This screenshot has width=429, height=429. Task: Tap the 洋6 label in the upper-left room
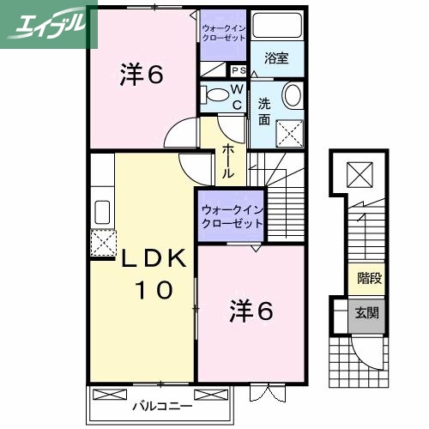pyautogui.click(x=141, y=76)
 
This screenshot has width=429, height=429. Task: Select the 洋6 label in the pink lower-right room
pyautogui.click(x=251, y=311)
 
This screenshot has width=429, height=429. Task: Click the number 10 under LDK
pyautogui.click(x=153, y=290)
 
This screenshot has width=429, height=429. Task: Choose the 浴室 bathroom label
pyautogui.click(x=275, y=59)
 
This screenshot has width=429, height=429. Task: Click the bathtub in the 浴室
pyautogui.click(x=275, y=26)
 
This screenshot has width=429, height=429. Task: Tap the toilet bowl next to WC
pyautogui.click(x=216, y=94)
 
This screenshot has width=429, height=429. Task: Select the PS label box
pyautogui.click(x=239, y=70)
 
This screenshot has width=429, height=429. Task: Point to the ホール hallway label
pyautogui.click(x=229, y=160)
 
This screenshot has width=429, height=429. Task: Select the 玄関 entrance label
pyautogui.click(x=368, y=313)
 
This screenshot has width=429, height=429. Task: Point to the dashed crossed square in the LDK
pyautogui.click(x=103, y=244)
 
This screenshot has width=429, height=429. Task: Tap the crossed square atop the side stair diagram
pyautogui.click(x=358, y=177)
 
